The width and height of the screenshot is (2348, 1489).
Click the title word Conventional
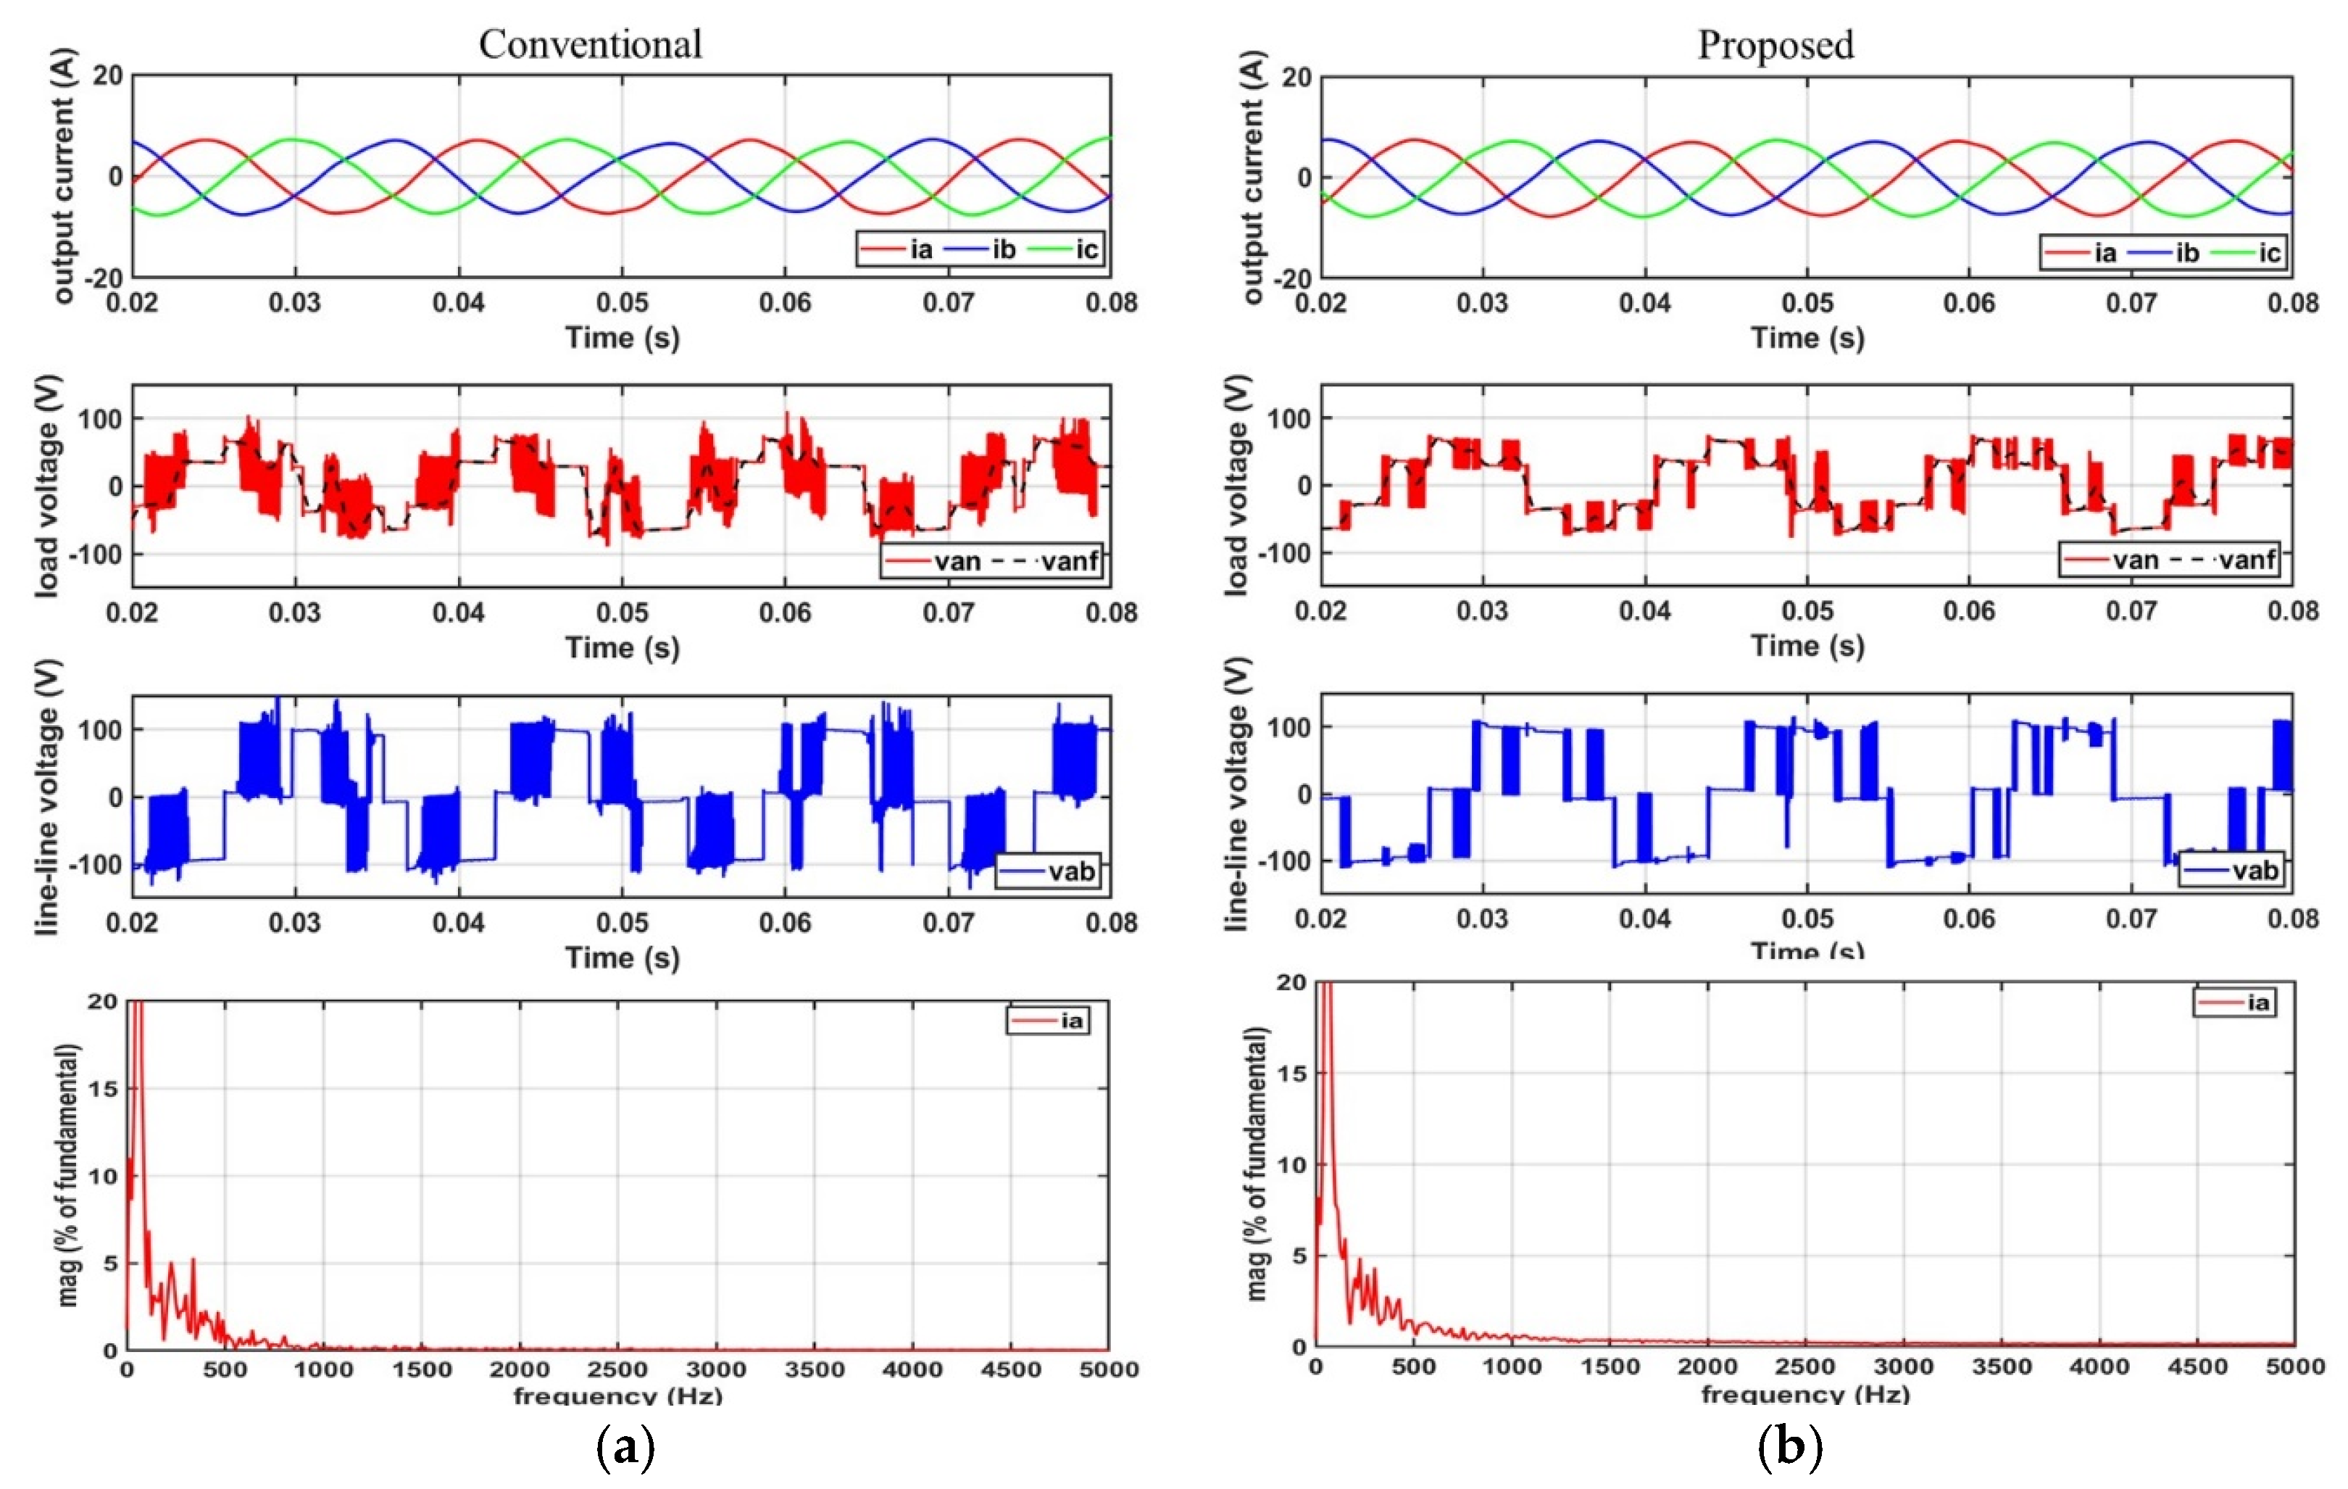pyautogui.click(x=590, y=45)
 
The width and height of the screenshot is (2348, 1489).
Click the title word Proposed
pyautogui.click(x=1775, y=45)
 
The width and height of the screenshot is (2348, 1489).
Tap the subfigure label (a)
pyautogui.click(x=624, y=1448)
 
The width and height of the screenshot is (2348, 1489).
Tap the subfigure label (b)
pyautogui.click(x=1789, y=1448)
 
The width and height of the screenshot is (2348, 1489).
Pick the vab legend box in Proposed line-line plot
pyautogui.click(x=2229, y=870)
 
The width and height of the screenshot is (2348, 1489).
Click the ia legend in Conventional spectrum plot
pyautogui.click(x=1048, y=1020)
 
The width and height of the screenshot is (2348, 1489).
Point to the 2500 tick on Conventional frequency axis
pyautogui.click(x=617, y=1369)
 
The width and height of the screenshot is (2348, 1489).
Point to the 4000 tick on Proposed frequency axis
pyautogui.click(x=2099, y=1366)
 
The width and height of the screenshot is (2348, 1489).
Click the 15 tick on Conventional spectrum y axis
pyautogui.click(x=102, y=1088)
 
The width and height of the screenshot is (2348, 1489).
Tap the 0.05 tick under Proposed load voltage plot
pyautogui.click(x=1807, y=611)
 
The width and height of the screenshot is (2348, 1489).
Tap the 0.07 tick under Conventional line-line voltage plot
pyautogui.click(x=948, y=922)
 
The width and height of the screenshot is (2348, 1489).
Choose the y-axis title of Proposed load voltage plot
pyautogui.click(x=1236, y=485)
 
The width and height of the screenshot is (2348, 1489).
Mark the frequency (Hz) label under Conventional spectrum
pyautogui.click(x=617, y=1395)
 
